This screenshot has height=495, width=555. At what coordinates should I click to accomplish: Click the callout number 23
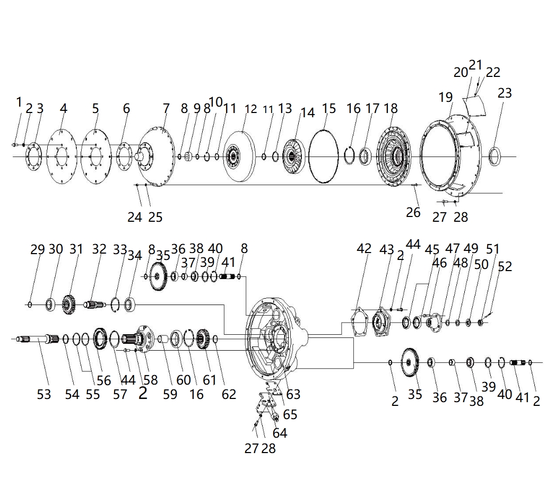504,93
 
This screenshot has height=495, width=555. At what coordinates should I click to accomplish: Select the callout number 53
44,394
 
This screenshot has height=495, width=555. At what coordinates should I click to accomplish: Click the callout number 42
364,249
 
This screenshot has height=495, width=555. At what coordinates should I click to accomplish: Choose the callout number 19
446,97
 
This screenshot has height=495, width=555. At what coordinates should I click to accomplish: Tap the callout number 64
280,433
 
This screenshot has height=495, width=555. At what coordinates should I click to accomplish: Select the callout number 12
250,109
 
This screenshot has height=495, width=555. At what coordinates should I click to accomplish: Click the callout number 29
37,249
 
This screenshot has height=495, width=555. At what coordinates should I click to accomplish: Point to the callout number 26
413,212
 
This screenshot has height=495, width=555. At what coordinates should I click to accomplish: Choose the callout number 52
505,266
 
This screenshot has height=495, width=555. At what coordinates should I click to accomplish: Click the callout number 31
76,249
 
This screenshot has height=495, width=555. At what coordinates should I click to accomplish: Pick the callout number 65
290,414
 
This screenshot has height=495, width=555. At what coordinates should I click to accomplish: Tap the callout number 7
166,109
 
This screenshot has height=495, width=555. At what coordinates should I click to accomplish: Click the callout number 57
120,394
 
